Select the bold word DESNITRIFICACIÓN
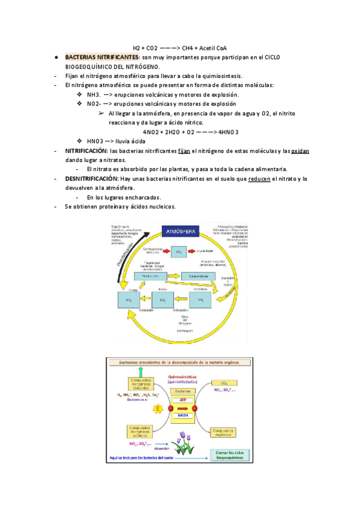pyautogui.click(x=91, y=179)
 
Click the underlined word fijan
pyautogui.click(x=185, y=151)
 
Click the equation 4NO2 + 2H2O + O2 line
pyautogui.click(x=191, y=132)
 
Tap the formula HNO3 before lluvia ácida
pyautogui.click(x=96, y=142)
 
